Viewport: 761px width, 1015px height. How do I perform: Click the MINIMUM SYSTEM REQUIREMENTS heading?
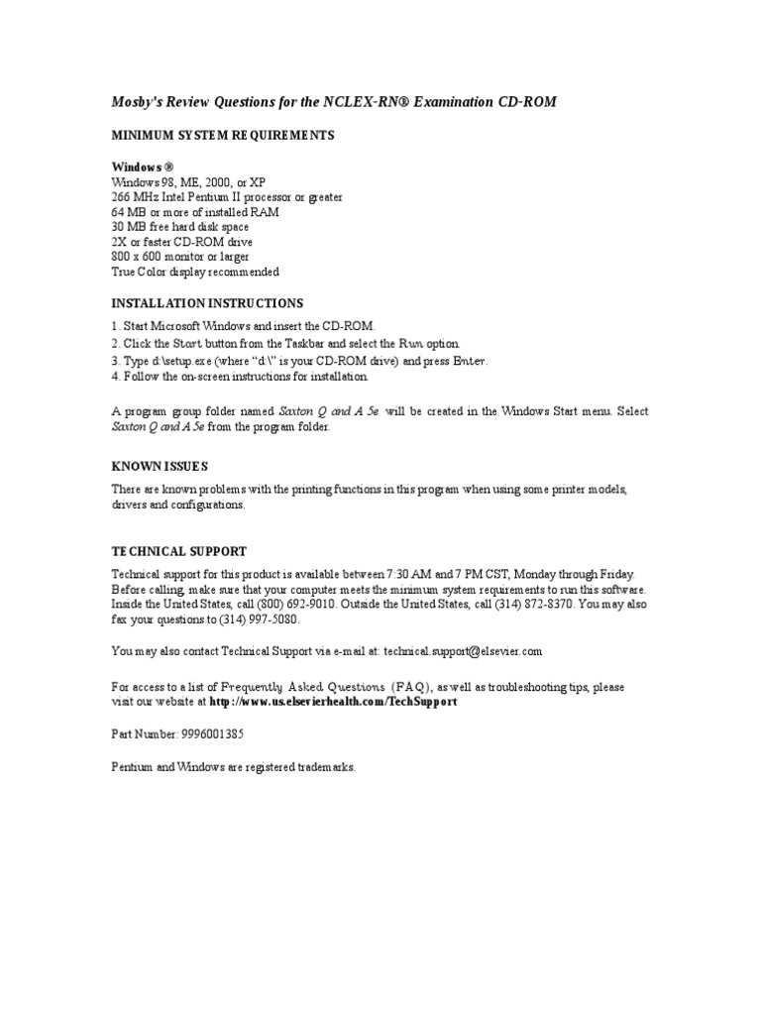[222, 135]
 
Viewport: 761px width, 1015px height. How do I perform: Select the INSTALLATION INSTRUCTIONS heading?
[207, 303]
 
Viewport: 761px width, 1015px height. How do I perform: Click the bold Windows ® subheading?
[143, 168]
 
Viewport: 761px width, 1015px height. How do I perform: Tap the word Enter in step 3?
[470, 361]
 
